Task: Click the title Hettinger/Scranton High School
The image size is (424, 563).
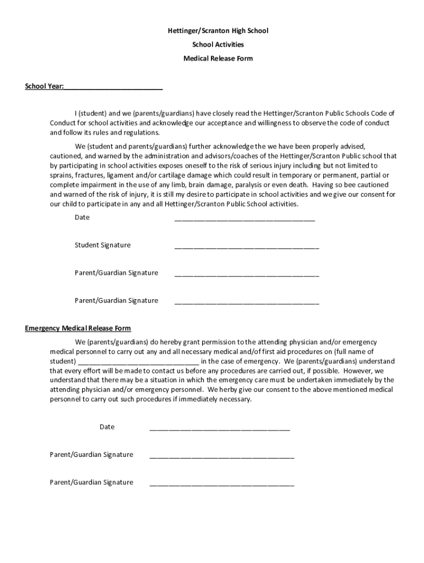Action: coord(218,31)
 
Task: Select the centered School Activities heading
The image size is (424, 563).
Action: coord(218,45)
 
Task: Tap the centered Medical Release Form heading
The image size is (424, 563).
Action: coord(218,58)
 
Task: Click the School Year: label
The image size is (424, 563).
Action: coord(45,87)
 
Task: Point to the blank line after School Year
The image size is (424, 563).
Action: coord(113,87)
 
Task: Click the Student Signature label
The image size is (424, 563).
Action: coord(103,245)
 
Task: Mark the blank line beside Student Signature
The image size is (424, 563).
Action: coord(247,247)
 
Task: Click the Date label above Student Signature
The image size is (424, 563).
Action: coord(82,217)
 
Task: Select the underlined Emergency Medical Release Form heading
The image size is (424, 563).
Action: coord(78,329)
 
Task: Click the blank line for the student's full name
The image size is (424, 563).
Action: coord(138,363)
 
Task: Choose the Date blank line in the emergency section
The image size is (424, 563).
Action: coord(220,428)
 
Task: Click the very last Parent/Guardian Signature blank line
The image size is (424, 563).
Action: coord(221,484)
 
